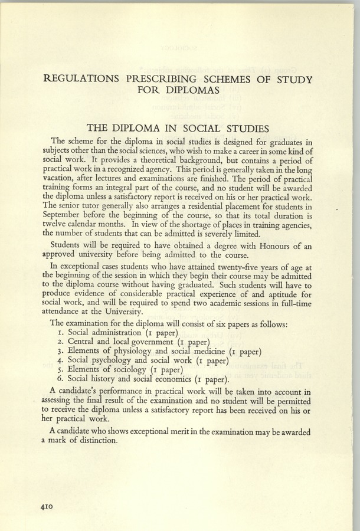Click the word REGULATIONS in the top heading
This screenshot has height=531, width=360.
coord(84,79)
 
